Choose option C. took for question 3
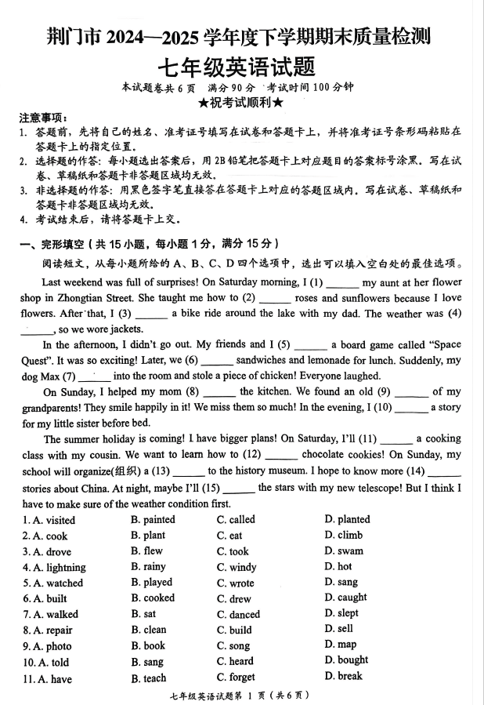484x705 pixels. (x=233, y=551)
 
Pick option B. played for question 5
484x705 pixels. (x=152, y=583)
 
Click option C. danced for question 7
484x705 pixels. (x=238, y=614)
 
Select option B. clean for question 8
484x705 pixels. (x=149, y=630)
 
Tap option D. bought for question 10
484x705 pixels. (x=346, y=660)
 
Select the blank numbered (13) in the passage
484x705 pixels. (x=189, y=471)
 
